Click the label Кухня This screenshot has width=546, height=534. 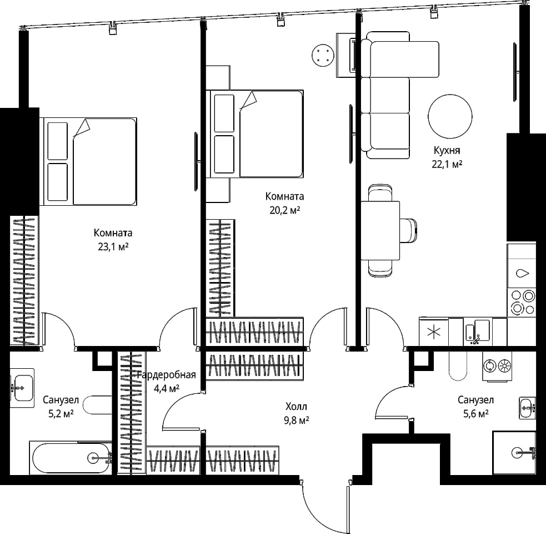[447, 151]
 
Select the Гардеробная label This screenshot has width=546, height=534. [167, 375]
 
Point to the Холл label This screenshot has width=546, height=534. [297, 407]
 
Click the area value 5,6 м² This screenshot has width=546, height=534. [475, 414]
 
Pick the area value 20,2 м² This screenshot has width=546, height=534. [285, 211]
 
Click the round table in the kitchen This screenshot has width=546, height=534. [450, 116]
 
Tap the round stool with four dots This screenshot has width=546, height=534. [323, 55]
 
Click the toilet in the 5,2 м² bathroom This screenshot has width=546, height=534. [98, 404]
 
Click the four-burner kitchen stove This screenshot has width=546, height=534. [521, 303]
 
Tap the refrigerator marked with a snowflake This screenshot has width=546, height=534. [434, 332]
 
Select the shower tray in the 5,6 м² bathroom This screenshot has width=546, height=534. [514, 453]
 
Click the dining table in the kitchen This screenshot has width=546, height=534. [380, 230]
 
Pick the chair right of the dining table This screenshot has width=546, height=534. [408, 230]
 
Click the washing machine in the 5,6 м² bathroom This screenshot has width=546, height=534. [497, 366]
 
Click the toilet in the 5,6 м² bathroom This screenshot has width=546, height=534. [458, 366]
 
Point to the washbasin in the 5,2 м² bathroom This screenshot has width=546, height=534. [22, 388]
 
